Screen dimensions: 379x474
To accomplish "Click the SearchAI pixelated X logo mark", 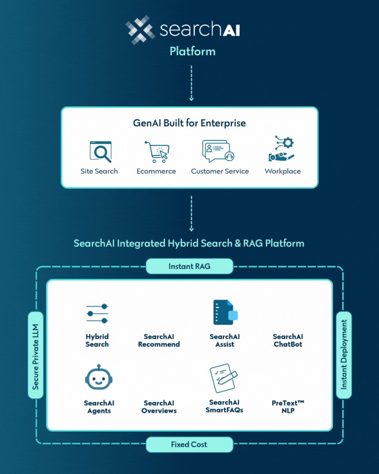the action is pyautogui.click(x=140, y=30).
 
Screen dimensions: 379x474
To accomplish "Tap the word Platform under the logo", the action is pyautogui.click(x=192, y=52).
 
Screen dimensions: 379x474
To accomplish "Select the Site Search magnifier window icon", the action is pyautogui.click(x=101, y=152).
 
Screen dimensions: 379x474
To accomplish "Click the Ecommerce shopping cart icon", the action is pyautogui.click(x=157, y=152).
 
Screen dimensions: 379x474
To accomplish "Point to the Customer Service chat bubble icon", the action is pyautogui.click(x=218, y=151).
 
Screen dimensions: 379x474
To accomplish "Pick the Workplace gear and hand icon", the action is pyautogui.click(x=281, y=149).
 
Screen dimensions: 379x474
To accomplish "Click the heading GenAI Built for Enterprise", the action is pyautogui.click(x=189, y=123).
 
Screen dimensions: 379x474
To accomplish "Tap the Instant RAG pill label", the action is pyautogui.click(x=189, y=266).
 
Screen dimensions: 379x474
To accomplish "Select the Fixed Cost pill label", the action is pyautogui.click(x=189, y=444).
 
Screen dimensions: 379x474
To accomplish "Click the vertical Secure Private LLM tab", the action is pyautogui.click(x=35, y=355).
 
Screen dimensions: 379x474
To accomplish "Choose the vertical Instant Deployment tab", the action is pyautogui.click(x=344, y=355).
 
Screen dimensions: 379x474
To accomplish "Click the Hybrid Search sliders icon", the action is pyautogui.click(x=97, y=314).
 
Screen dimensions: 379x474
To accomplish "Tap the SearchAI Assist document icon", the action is pyautogui.click(x=225, y=312).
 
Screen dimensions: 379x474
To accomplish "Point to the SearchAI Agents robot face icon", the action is pyautogui.click(x=99, y=377).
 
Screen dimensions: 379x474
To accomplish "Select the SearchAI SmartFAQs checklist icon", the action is pyautogui.click(x=224, y=378).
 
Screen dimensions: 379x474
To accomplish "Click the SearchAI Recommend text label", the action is pyautogui.click(x=159, y=340).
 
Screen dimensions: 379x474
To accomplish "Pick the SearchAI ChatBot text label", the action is pyautogui.click(x=288, y=340).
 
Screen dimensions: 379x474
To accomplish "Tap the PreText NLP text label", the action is pyautogui.click(x=288, y=407).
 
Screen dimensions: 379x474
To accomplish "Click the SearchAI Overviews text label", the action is pyautogui.click(x=159, y=407).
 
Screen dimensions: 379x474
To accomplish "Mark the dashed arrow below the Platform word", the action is pyautogui.click(x=191, y=83).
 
